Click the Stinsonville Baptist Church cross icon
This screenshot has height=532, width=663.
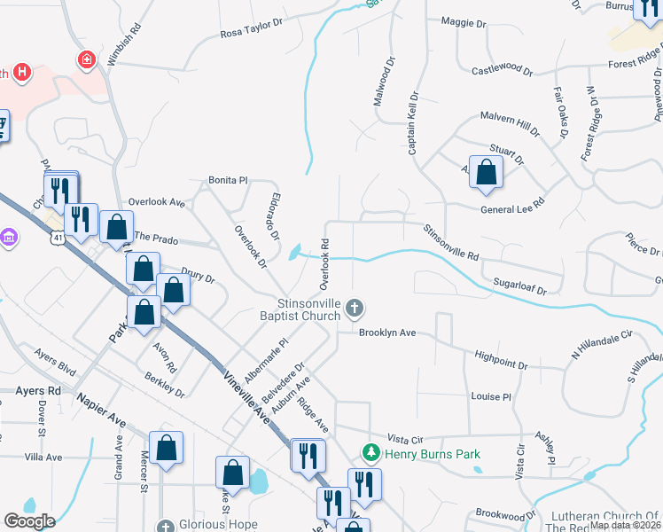pyautogui.click(x=355, y=309)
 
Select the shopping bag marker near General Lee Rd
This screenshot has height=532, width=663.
pyautogui.click(x=486, y=174)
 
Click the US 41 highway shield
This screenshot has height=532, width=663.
pyautogui.click(x=58, y=238)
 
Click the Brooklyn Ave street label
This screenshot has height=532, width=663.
pyautogui.click(x=387, y=333)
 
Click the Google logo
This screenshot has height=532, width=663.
pyautogui.click(x=29, y=521)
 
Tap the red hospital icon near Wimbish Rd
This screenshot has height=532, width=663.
pyautogui.click(x=87, y=60)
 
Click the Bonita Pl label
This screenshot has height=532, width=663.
pyautogui.click(x=228, y=180)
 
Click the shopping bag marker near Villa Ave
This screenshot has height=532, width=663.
pyautogui.click(x=166, y=449)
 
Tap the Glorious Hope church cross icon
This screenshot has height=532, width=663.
pyautogui.click(x=162, y=523)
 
